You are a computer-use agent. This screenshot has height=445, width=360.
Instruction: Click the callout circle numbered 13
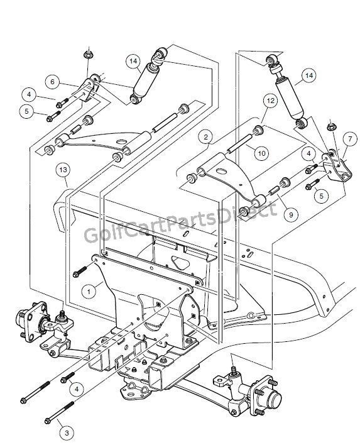63,170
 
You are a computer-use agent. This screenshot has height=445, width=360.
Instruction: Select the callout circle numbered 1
89,292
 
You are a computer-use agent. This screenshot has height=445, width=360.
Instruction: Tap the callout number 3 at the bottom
67,433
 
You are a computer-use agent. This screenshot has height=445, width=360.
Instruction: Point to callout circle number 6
53,82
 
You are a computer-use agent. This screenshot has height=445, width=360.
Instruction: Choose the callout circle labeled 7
350,139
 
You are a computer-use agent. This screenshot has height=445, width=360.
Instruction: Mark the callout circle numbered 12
271,101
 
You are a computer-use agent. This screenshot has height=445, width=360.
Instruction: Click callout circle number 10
261,153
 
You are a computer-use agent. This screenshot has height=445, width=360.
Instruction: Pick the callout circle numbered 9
291,214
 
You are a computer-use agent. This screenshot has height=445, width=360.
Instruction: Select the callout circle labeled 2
205,137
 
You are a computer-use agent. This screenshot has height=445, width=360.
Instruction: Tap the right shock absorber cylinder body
290,99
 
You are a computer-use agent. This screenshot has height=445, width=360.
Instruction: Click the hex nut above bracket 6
87,55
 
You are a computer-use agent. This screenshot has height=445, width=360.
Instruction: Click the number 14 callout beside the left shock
133,61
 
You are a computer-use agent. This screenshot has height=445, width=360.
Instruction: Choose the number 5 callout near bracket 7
322,196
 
